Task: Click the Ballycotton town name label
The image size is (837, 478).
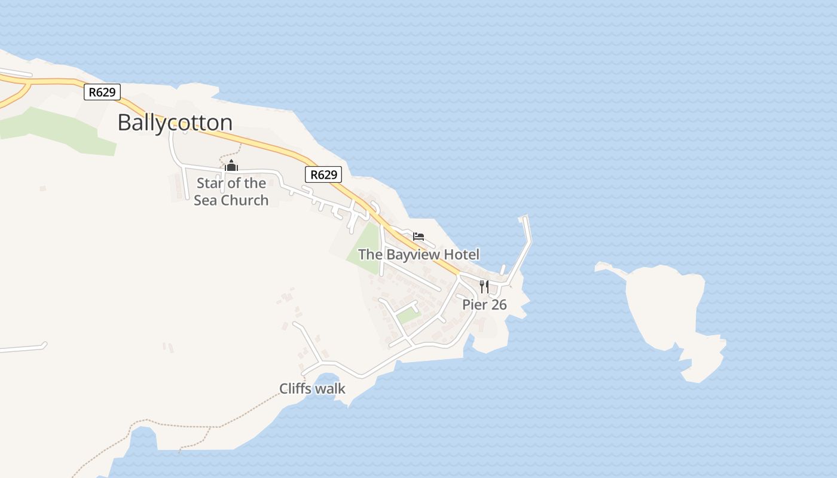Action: [x=175, y=122]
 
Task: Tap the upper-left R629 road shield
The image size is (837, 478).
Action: [x=102, y=92]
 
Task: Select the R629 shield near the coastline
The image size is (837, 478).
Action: [x=323, y=174]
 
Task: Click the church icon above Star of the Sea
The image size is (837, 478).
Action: [x=231, y=166]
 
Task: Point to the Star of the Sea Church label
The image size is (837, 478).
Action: [x=231, y=191]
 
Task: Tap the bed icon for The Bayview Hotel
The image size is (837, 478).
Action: [x=418, y=237]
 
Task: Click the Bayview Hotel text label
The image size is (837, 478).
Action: [x=418, y=255]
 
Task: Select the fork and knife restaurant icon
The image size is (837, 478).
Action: [x=484, y=286]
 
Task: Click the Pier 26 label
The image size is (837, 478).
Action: [x=484, y=305]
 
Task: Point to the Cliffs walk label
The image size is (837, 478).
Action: [x=312, y=389]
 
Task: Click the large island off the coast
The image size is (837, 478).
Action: [x=664, y=305]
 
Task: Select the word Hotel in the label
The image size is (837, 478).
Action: [x=461, y=255]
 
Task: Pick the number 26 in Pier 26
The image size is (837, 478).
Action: [x=498, y=305]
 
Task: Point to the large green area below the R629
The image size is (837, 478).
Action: [x=60, y=131]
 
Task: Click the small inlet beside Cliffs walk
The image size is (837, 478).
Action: [x=326, y=382]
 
